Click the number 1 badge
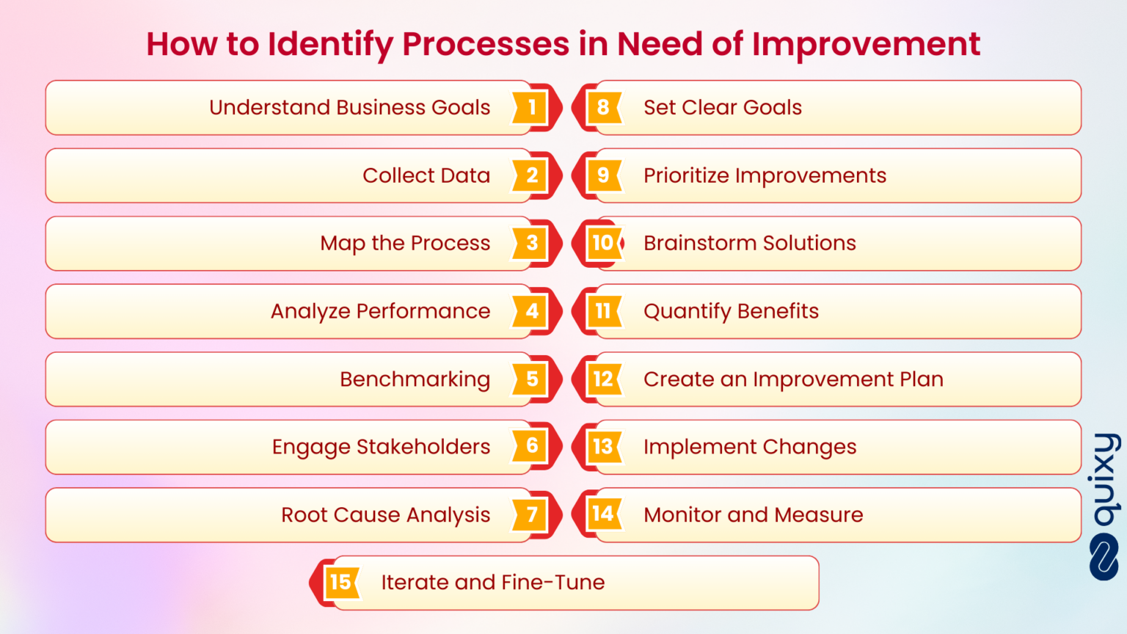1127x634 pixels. pos(532,108)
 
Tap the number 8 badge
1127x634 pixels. pos(603,108)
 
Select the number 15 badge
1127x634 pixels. pos(340,583)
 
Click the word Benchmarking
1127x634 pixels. pos(415,379)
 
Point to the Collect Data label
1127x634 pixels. pos(426,176)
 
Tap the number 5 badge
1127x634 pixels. pos(532,379)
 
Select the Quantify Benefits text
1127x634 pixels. pos(731,312)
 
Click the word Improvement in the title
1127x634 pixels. pos(866,44)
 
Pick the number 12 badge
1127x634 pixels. pos(603,379)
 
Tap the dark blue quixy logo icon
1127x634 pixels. pos(1104,557)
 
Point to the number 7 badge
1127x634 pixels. pos(532,515)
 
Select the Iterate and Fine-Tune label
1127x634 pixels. pos(492,583)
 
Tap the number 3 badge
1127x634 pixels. pos(532,244)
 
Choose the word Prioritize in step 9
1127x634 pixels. pos(686,176)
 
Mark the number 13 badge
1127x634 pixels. pos(603,447)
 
